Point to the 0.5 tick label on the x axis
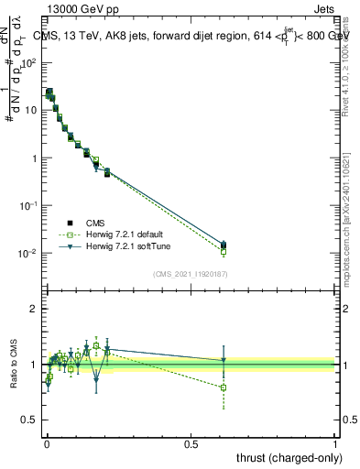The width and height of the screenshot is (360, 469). tap(191, 443)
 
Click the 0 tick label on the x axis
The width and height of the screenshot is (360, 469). tap(46, 443)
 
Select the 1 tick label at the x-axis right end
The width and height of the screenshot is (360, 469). tap(336, 443)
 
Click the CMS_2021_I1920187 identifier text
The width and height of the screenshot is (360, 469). tap(190, 273)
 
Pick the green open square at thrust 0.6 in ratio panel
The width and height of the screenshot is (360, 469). tap(224, 387)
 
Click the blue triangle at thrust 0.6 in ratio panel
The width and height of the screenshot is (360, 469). tap(224, 360)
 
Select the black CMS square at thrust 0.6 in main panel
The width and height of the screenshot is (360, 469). tap(224, 245)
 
